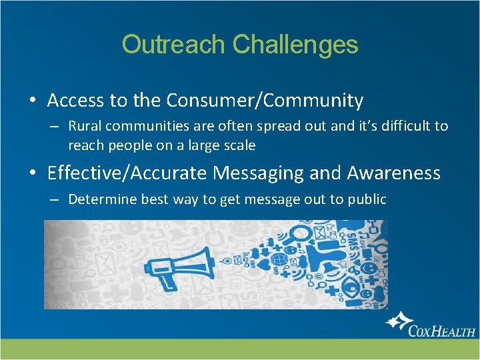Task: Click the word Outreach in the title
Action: coord(174,45)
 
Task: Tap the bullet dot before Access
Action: coord(32,101)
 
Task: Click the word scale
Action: coord(239,145)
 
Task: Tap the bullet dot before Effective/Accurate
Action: coord(32,174)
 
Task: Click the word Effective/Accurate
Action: coord(127,173)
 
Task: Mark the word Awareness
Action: coord(394,173)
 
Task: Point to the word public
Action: coord(367,199)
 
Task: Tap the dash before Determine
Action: coord(55,199)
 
